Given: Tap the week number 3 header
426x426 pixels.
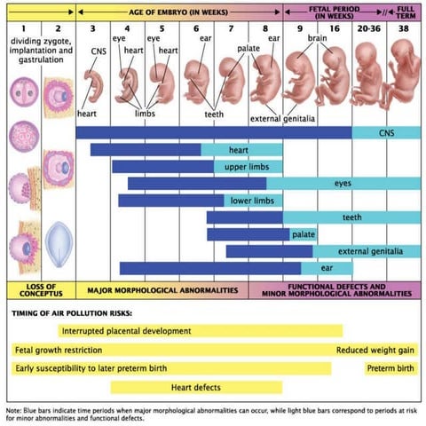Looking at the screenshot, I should pos(92,28).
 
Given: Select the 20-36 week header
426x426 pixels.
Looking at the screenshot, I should pos(367,28).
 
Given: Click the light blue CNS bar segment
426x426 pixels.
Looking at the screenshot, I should pos(387,133).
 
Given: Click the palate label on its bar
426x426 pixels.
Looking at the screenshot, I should pos(304,234).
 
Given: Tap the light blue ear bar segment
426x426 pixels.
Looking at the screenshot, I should pos(326,268).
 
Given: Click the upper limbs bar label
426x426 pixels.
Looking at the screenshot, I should pos(241,166).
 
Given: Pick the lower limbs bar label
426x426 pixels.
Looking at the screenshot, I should pos(251,201).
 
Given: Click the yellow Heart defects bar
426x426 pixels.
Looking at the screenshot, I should pos(195,387).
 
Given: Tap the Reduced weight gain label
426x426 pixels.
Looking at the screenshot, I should pos(376,350).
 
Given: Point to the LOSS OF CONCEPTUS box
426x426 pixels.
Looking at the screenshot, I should pos(39,289).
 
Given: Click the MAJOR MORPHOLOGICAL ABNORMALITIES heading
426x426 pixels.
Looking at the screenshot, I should pos(162,289).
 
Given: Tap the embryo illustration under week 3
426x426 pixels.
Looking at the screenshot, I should pos(96,87).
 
